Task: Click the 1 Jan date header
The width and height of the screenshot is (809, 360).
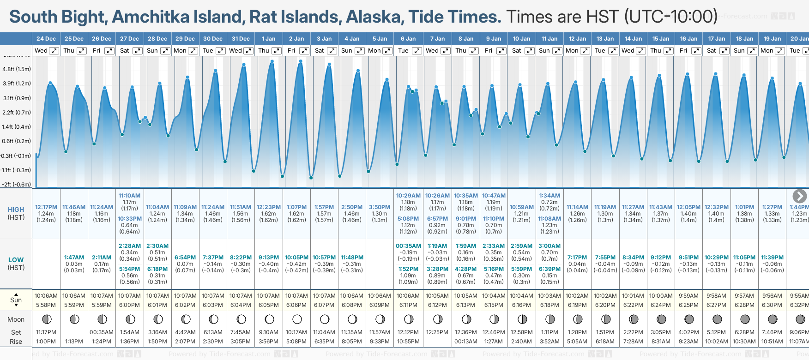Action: (x=268, y=39)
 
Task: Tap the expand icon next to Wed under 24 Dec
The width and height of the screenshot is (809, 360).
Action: (x=54, y=51)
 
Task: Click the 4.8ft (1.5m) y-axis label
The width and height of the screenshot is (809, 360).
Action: (x=17, y=69)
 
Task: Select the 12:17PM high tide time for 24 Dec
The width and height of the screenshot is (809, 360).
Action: (x=46, y=207)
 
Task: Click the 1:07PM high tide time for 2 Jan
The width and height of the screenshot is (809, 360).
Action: (x=296, y=207)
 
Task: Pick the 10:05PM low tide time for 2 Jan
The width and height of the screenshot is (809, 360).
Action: (x=296, y=258)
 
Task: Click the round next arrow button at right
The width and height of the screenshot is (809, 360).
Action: (x=799, y=196)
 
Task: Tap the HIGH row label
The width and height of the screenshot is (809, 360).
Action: (x=16, y=210)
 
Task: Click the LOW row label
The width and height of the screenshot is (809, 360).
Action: (x=16, y=260)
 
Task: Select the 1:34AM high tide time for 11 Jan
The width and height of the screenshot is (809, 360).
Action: (x=549, y=196)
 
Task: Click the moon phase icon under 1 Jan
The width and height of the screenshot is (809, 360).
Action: (x=269, y=319)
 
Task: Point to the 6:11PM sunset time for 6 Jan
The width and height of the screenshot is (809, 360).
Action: (x=408, y=305)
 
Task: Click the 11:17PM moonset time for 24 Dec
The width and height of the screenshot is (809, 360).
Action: (x=46, y=332)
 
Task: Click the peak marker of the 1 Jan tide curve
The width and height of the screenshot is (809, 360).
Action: (x=272, y=61)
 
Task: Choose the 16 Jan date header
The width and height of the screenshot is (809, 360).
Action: (x=688, y=39)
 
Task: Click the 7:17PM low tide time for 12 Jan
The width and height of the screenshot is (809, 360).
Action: (x=577, y=258)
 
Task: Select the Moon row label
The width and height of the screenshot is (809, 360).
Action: (x=16, y=319)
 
